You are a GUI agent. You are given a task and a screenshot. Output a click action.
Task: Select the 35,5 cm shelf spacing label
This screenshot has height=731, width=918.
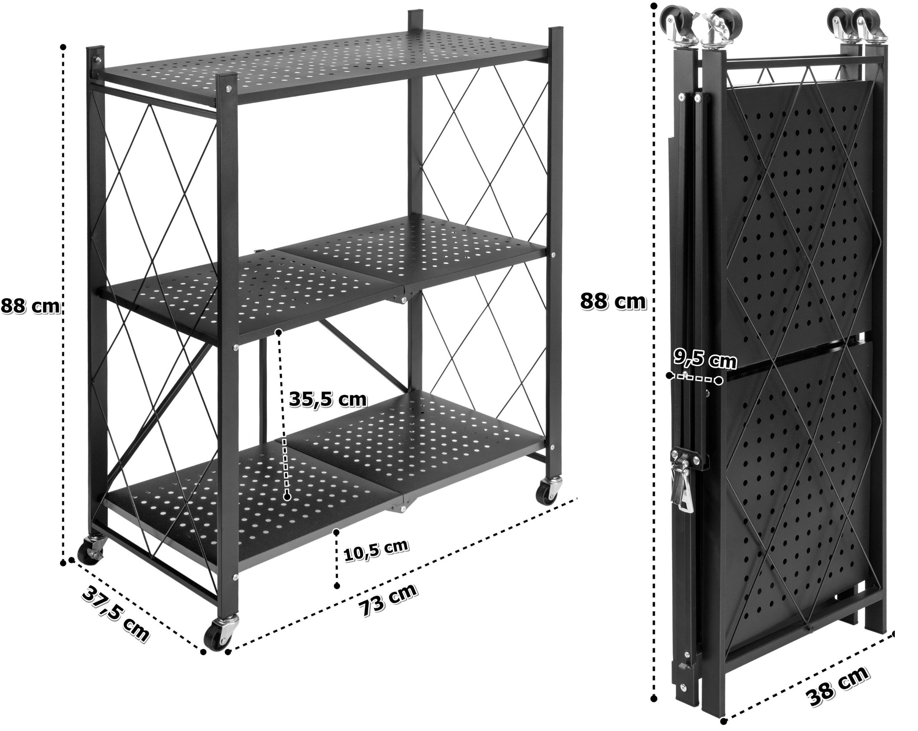tap(328, 400)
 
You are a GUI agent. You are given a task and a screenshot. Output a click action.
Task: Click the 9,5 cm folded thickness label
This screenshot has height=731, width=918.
tap(705, 360)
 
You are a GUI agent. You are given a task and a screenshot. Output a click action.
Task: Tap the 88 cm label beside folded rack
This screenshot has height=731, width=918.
tap(613, 302)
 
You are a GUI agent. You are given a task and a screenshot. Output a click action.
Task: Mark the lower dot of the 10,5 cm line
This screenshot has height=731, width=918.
tap(337, 586)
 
